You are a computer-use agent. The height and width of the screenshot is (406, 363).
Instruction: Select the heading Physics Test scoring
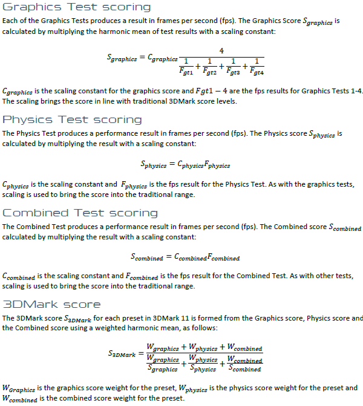[x=73, y=119]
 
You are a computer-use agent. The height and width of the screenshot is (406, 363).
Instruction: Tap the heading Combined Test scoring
[x=80, y=213]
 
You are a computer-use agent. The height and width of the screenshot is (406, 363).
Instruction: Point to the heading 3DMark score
[x=52, y=304]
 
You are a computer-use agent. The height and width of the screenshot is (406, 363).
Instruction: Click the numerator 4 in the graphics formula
[x=222, y=50]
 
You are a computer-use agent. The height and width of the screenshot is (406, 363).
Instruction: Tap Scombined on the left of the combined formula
[x=147, y=257]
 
